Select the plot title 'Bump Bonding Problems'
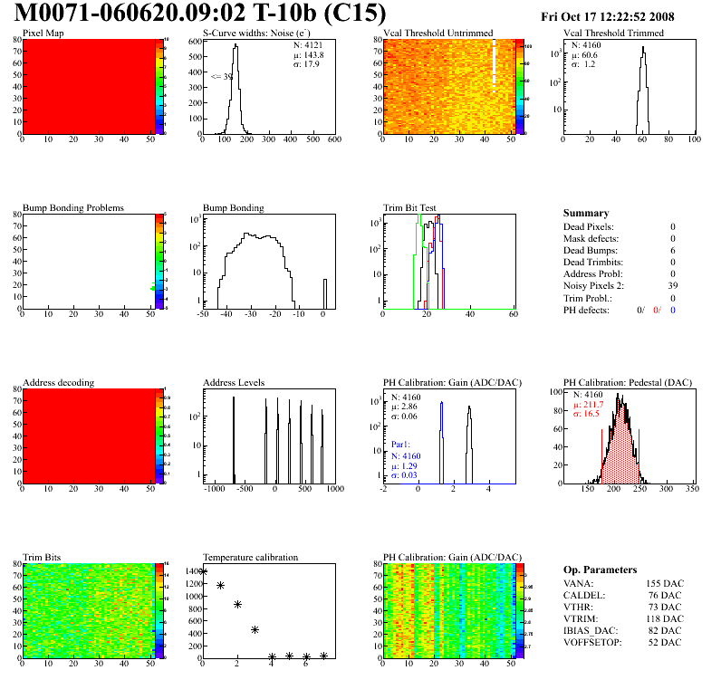73,207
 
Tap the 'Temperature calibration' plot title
250,557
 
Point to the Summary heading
586,213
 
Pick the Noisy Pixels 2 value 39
671,285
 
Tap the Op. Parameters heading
599,570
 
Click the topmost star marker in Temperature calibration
203,571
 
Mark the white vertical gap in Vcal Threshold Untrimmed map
494,63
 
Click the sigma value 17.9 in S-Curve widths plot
313,63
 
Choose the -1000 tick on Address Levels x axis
214,489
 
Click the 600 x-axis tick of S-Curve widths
333,139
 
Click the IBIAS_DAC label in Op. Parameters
590,630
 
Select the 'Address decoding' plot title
58,382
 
